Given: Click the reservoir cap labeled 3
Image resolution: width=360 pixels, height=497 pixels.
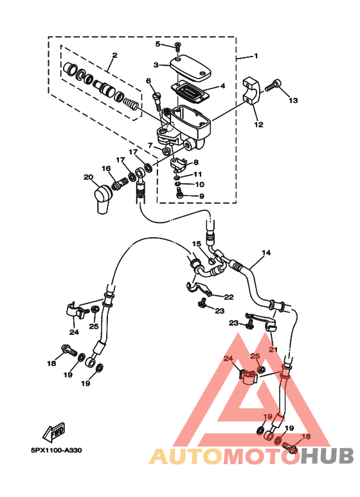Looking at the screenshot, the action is tap(190, 68).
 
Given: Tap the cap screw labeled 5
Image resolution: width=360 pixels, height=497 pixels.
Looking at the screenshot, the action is tap(177, 46).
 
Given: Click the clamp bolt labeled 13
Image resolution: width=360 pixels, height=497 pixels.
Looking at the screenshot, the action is tap(273, 85).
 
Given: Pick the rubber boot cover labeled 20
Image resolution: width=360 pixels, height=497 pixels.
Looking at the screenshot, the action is tap(103, 199).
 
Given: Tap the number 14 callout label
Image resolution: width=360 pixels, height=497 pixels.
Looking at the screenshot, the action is tap(266, 253).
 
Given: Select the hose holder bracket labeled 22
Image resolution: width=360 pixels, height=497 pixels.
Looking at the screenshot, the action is tap(199, 288).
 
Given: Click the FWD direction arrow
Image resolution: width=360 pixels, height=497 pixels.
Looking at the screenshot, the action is tap(54, 432).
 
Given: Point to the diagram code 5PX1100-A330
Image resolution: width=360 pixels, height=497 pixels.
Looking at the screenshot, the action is tap(56, 450).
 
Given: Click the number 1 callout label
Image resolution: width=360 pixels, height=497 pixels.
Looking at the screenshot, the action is tap(256, 56).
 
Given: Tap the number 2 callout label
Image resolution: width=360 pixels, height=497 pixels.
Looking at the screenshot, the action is tap(114, 55).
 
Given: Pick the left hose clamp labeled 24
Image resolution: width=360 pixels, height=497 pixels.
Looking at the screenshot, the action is tap(75, 311).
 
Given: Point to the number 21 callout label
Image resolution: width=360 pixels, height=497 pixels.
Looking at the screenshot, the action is tap(273, 349).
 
